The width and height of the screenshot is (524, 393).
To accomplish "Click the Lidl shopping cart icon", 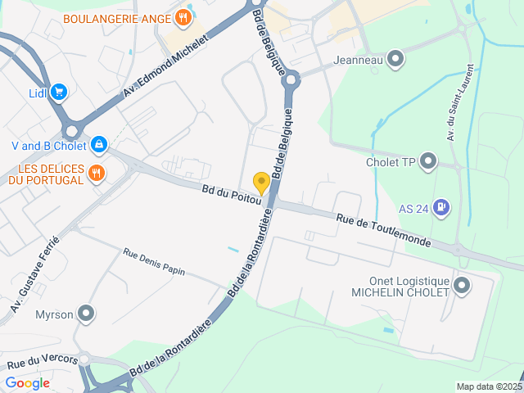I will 59,93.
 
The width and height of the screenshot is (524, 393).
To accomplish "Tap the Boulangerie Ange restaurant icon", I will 183,18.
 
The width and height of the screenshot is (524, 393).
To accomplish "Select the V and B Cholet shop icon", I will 99,145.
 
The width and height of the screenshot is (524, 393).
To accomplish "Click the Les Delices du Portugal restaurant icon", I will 97,172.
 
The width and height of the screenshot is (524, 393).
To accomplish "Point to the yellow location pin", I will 261,183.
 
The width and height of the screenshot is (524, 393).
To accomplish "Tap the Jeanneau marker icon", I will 396,59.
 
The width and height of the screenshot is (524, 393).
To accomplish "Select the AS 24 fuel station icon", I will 442,208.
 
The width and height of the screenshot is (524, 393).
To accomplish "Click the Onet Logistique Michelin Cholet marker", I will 462,286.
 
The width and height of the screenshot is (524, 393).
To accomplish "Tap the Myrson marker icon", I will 86,314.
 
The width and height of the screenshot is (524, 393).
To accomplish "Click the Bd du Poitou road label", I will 231,195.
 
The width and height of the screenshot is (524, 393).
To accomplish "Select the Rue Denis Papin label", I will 154,262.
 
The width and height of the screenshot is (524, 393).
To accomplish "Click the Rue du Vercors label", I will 43,361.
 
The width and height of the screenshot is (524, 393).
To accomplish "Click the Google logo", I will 27,382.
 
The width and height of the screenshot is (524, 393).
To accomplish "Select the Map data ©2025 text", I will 488,386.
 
